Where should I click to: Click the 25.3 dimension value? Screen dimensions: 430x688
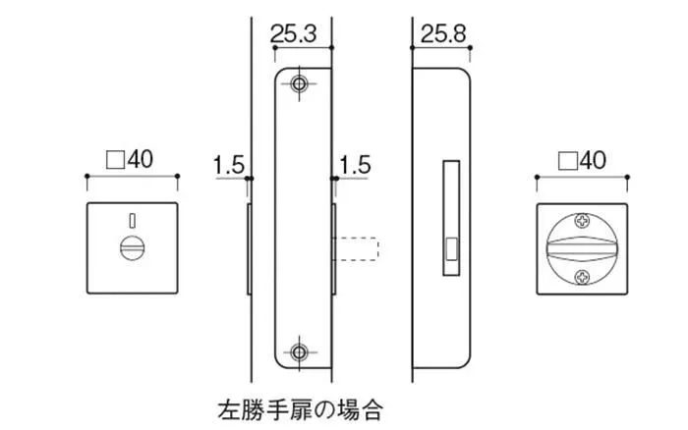[292, 34]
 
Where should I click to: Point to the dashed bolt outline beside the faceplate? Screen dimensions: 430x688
[359, 248]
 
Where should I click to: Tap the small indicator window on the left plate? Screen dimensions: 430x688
[130, 218]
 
